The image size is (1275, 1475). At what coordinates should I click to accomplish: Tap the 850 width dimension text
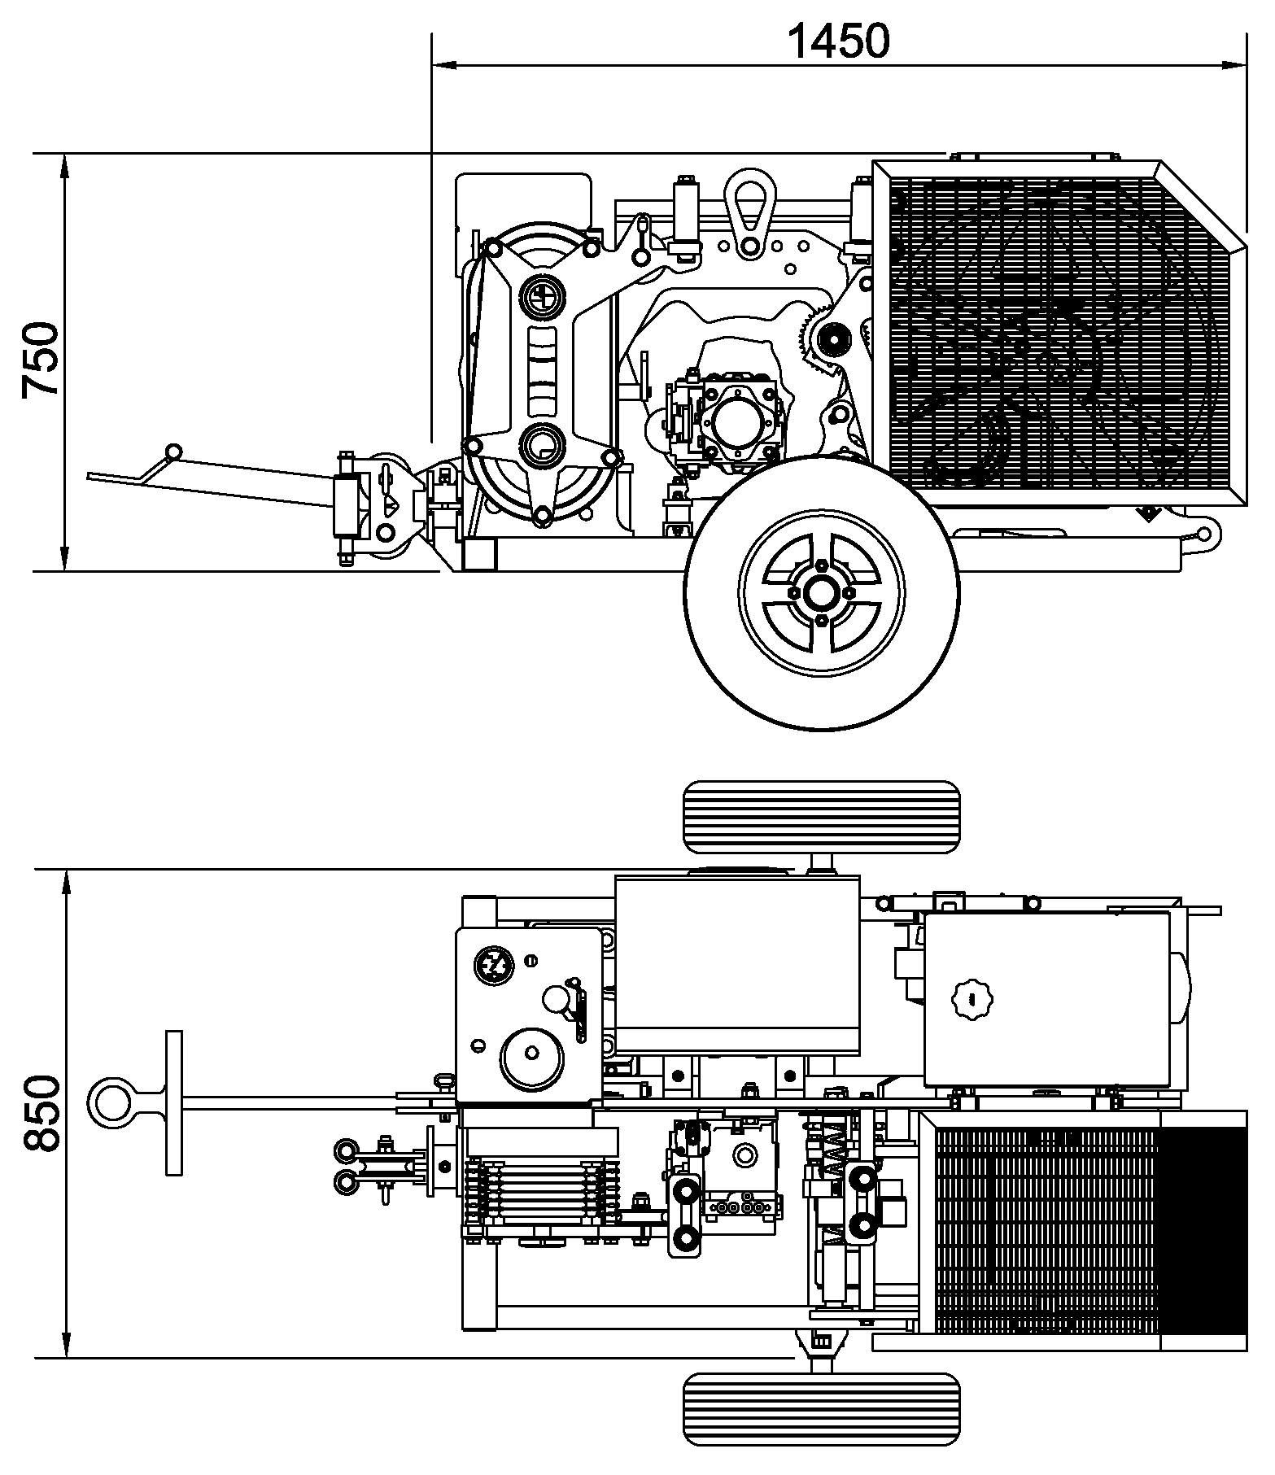(41, 1113)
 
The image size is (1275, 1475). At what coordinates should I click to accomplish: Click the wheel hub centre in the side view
(822, 593)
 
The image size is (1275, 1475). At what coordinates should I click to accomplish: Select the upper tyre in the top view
(822, 817)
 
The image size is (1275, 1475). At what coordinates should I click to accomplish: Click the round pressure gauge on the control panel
(494, 965)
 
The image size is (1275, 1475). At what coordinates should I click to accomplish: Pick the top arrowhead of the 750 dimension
(64, 166)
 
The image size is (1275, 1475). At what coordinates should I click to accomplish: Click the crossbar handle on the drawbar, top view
(173, 1102)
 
